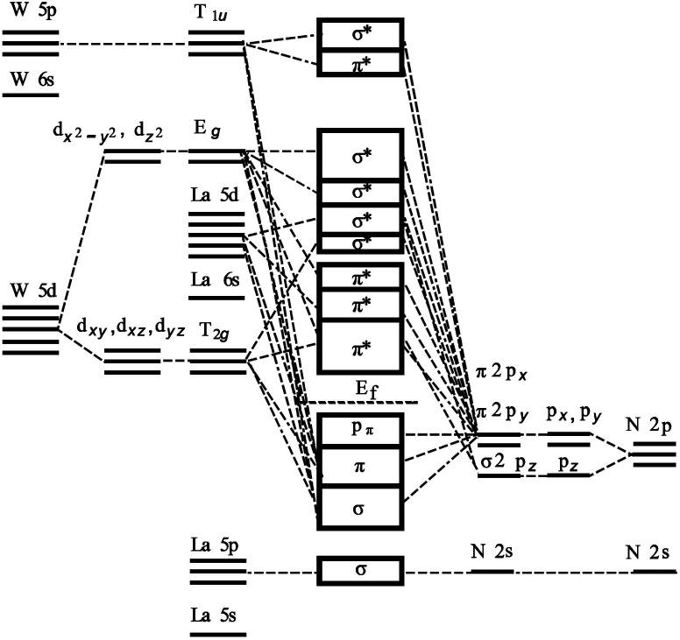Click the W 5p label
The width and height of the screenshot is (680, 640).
(x=30, y=14)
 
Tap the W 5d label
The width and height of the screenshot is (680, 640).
(x=30, y=290)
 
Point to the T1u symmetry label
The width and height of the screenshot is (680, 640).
(x=215, y=16)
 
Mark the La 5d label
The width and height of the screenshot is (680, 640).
(x=216, y=195)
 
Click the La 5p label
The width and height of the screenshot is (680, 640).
(x=216, y=545)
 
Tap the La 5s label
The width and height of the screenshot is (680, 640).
(x=216, y=615)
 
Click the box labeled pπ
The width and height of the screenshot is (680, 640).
(x=360, y=430)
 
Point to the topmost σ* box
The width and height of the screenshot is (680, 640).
(x=360, y=35)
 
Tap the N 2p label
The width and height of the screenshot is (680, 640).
(x=649, y=425)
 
